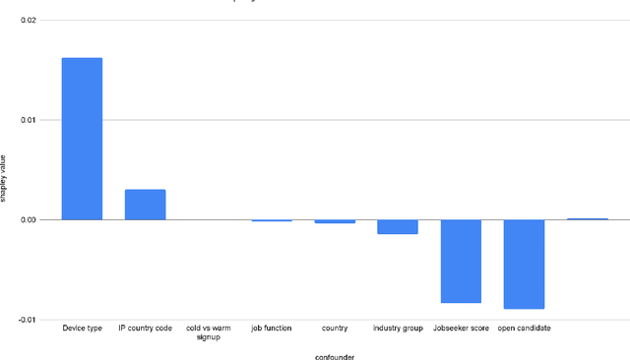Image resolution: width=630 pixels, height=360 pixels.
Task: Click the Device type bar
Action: coord(82,139)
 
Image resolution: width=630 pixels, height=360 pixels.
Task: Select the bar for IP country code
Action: coord(145,205)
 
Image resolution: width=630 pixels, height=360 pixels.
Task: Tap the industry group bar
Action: coord(397,226)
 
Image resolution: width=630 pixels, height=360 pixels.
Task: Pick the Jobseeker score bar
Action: coord(460,261)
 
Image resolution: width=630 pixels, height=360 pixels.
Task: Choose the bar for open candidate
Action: coord(524,264)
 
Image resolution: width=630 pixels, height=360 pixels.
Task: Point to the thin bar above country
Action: coord(335,221)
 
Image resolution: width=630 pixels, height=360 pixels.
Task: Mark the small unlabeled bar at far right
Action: coord(587,218)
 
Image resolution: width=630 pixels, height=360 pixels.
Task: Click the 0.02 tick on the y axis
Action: coord(27,21)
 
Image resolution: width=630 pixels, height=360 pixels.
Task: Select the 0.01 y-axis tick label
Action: coord(27,120)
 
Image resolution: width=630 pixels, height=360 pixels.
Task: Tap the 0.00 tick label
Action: coord(27,219)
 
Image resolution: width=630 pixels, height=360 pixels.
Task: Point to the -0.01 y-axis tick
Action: coord(26,319)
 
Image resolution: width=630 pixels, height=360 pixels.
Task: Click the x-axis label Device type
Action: coord(82,328)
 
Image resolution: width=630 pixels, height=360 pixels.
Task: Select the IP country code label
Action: coord(145,328)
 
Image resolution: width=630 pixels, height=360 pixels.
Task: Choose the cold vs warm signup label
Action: coord(208,331)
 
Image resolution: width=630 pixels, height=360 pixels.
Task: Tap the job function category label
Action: coord(271,328)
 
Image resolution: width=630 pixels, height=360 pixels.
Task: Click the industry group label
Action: coord(397,328)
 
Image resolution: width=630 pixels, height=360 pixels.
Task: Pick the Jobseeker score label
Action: coord(460,328)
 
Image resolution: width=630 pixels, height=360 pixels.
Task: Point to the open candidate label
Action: coord(524,328)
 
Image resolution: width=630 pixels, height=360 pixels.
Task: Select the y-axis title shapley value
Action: coord(5,181)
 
